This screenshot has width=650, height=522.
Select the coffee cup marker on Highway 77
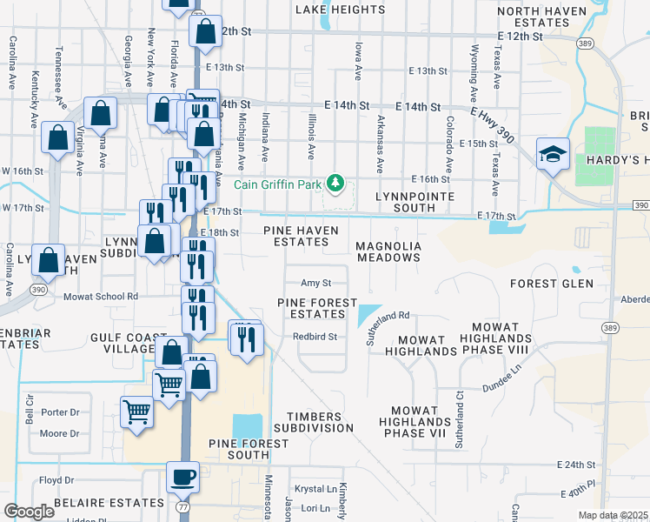[182, 478]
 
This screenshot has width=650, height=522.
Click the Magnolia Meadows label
[388, 252]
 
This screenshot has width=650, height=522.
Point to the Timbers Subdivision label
[314, 422]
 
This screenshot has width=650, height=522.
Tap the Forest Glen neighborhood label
[551, 284]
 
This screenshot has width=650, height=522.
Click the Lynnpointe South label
[415, 203]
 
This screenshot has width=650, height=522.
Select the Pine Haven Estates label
[296, 236]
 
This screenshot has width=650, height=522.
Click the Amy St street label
[315, 283]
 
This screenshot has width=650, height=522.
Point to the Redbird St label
[314, 337]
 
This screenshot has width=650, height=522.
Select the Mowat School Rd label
[101, 296]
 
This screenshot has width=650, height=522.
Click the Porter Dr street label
[60, 412]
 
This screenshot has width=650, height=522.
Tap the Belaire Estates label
[109, 503]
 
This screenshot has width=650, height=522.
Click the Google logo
[29, 512]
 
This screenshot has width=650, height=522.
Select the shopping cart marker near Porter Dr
[136, 412]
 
